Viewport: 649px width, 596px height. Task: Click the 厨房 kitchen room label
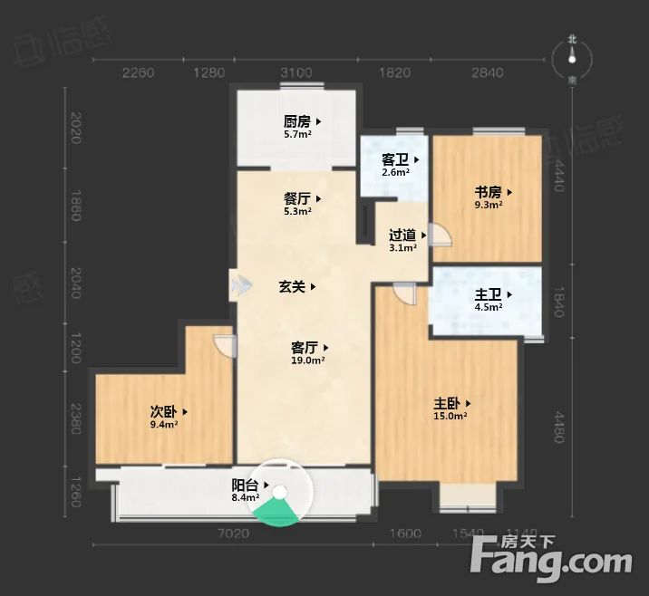click(x=297, y=121)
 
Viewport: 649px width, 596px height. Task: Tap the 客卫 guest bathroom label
click(x=394, y=160)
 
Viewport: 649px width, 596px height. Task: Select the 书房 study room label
click(x=489, y=192)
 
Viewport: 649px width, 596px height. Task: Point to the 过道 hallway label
click(x=402, y=235)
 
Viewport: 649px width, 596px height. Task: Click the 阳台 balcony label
click(x=246, y=485)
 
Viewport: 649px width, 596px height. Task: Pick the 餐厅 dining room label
click(x=297, y=199)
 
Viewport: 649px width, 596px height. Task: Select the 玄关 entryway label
click(x=291, y=287)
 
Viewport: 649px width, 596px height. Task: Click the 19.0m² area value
click(x=308, y=360)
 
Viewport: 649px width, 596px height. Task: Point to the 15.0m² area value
click(x=450, y=417)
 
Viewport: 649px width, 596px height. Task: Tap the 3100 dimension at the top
click(x=296, y=73)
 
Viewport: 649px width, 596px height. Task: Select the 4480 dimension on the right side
click(x=560, y=422)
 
